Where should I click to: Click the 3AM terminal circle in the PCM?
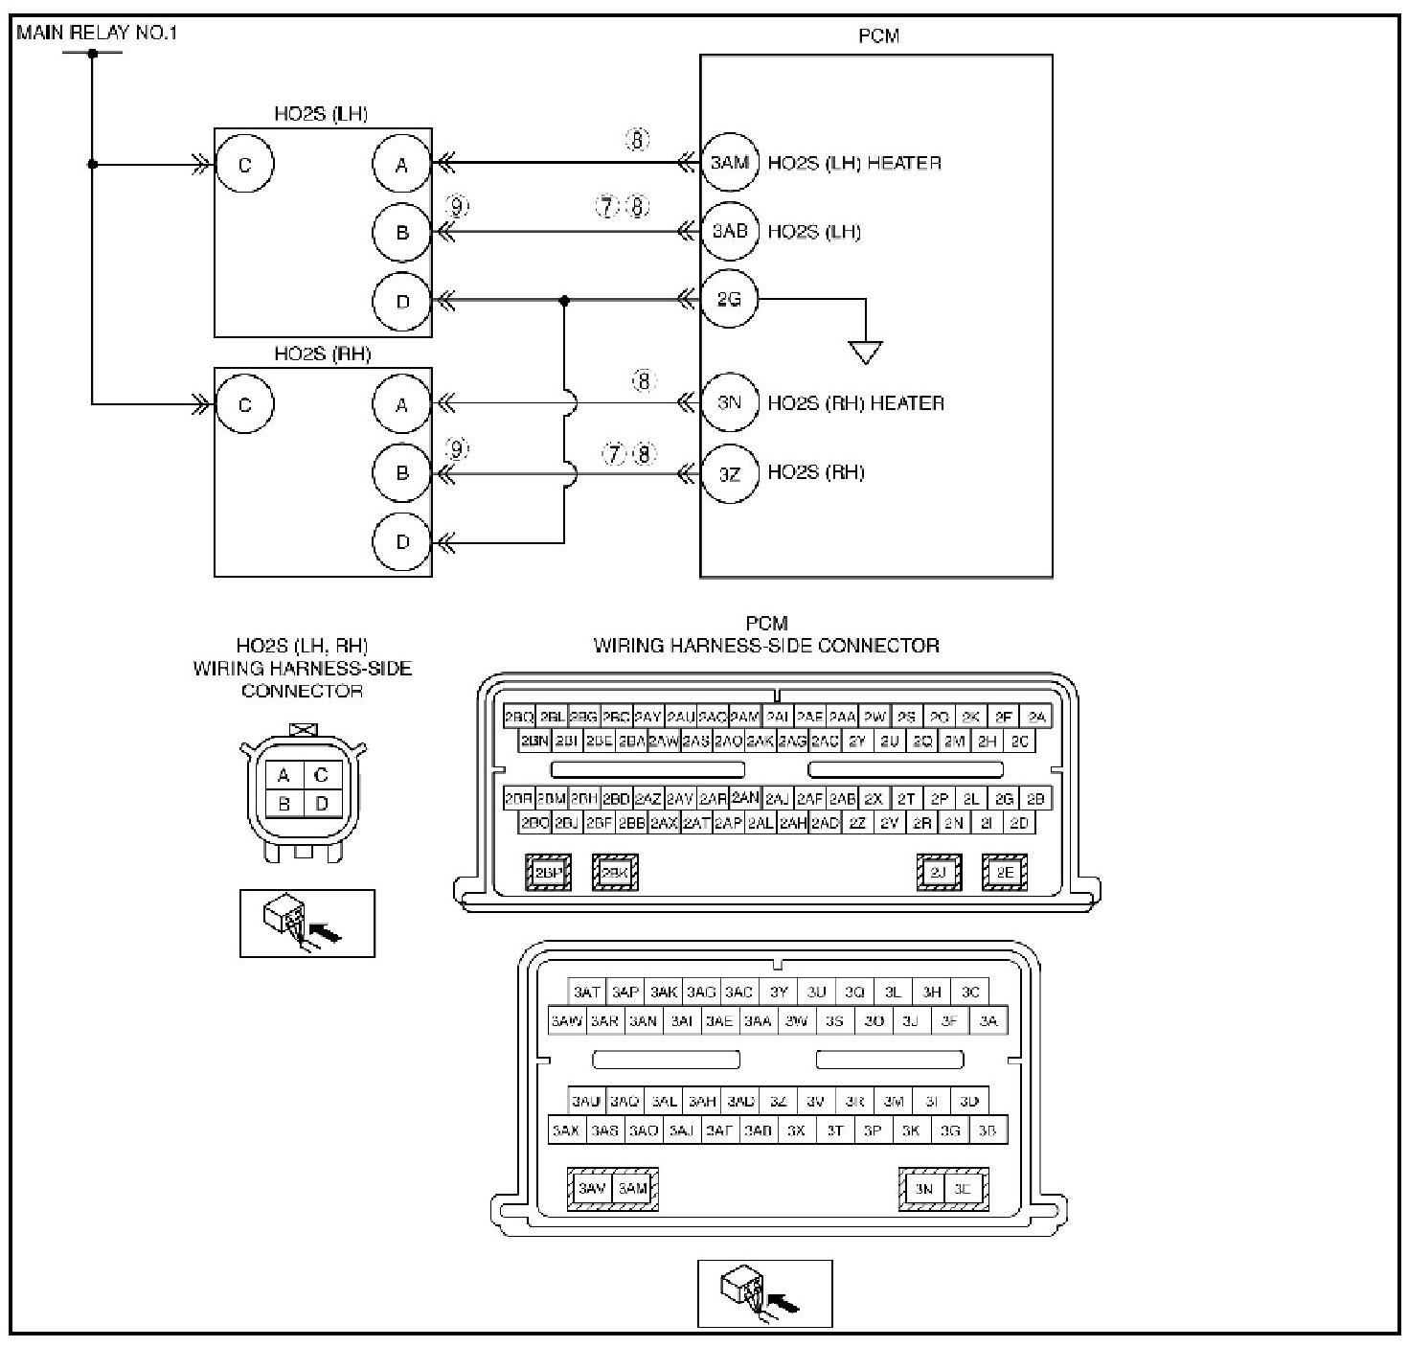click(729, 163)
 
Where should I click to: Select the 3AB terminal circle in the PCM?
click(729, 232)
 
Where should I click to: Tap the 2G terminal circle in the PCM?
click(729, 300)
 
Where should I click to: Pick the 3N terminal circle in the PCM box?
click(729, 403)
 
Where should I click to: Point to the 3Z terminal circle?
click(729, 472)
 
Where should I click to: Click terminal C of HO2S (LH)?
click(244, 164)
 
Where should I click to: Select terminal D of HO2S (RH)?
click(402, 542)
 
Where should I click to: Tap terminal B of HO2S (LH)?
click(402, 232)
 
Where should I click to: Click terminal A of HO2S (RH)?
click(402, 404)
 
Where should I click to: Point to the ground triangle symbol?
click(866, 353)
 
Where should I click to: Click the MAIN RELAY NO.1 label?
click(97, 33)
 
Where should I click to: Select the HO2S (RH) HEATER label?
click(855, 403)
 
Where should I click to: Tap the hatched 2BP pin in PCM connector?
click(549, 873)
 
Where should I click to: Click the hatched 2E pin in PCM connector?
click(1004, 873)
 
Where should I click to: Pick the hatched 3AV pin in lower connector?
click(591, 1189)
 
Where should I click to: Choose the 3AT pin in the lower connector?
click(586, 993)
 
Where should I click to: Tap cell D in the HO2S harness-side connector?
click(322, 803)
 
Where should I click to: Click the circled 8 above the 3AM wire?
click(638, 140)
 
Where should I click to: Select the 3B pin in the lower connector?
click(988, 1130)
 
